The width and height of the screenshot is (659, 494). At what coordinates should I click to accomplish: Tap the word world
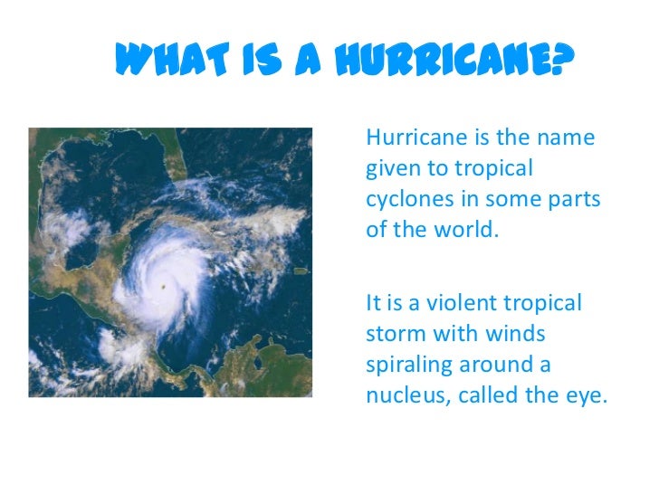pyautogui.click(x=470, y=229)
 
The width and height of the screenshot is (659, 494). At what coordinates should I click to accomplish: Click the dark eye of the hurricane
pyautogui.click(x=164, y=287)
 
